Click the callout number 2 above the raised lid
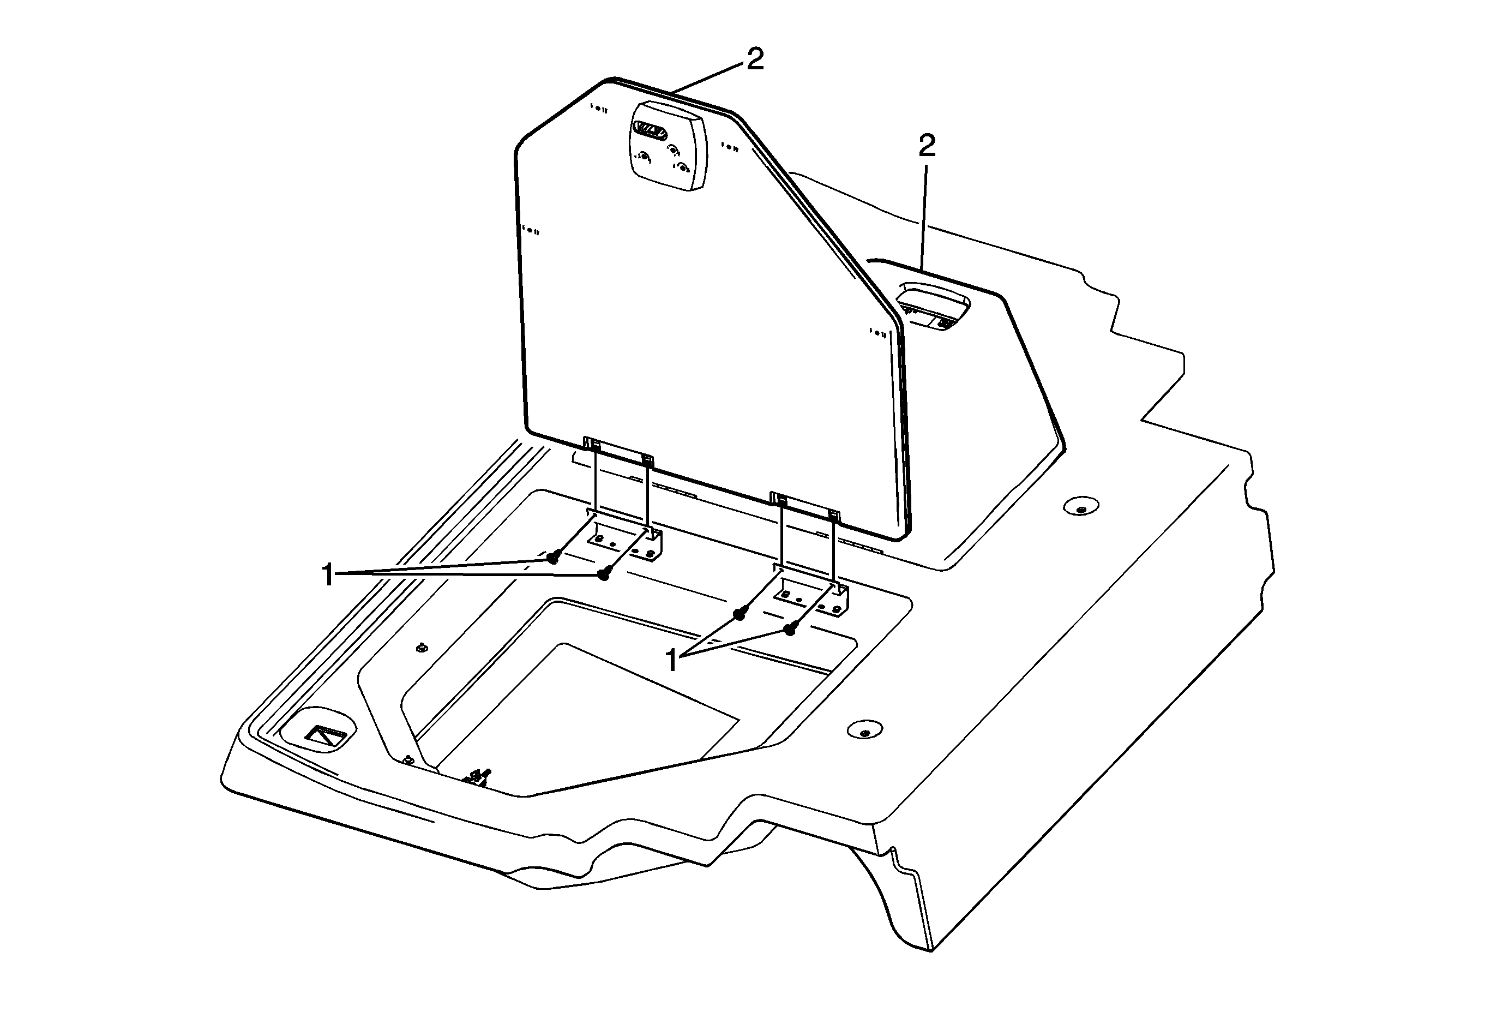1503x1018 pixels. coord(755,59)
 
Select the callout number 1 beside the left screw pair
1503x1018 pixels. coord(328,575)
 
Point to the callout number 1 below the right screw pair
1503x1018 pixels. coord(672,661)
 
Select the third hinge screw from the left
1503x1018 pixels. coord(738,614)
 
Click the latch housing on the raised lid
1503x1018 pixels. coord(668,146)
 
